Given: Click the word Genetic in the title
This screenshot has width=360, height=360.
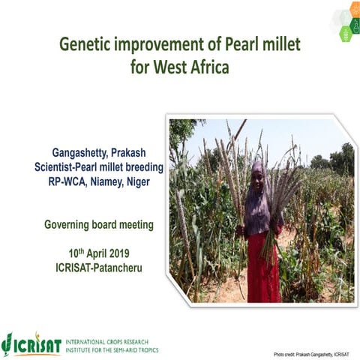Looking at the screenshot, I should (x=87, y=45).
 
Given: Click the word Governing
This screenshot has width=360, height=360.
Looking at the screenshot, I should (x=71, y=223).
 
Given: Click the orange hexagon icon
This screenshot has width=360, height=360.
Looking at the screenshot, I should (x=337, y=14).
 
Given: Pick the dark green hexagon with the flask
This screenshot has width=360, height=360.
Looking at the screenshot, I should (x=346, y=34).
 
